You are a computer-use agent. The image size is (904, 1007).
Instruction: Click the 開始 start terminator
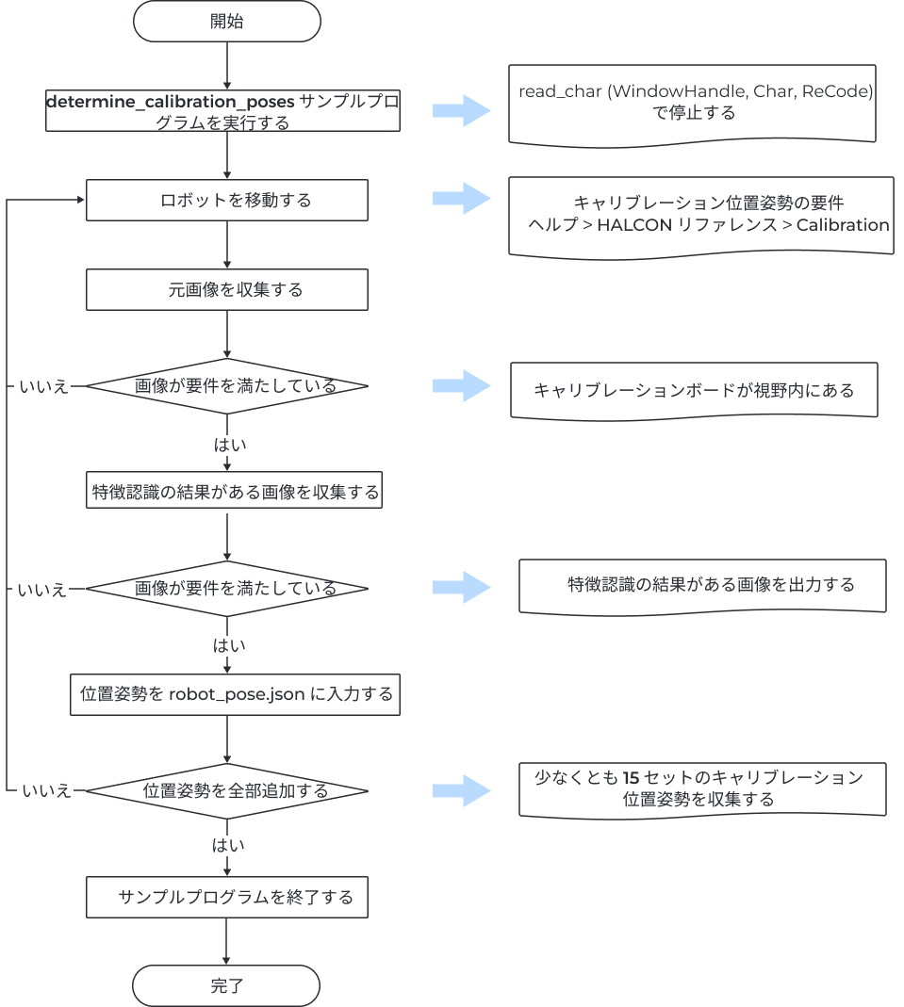pos(226,21)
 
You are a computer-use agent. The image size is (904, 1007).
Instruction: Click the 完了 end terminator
pos(226,986)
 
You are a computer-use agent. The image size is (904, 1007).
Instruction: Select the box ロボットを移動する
pos(226,201)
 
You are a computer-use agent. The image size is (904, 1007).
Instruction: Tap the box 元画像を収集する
pos(226,290)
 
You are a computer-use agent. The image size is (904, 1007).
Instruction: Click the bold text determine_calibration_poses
pos(172,101)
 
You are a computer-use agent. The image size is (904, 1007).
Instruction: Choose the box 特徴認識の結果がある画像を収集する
pos(234,492)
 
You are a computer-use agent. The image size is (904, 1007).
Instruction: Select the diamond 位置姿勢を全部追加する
pos(226,791)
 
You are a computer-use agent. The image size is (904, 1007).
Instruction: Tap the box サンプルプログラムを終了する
pos(226,897)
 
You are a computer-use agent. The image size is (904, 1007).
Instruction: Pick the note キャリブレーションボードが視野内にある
pos(694,390)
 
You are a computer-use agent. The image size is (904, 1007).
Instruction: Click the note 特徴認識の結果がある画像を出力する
pos(702,585)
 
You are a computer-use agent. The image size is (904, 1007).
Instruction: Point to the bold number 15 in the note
pos(631,778)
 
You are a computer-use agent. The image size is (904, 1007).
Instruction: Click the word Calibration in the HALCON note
pos(842,225)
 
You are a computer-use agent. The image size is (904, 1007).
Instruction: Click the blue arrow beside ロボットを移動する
pos(461,200)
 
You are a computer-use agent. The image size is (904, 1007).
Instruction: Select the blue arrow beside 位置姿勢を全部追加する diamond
pos(461,791)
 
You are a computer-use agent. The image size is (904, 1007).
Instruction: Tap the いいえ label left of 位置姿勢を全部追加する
pos(45,791)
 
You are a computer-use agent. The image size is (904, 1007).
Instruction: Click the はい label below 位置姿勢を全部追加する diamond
pos(228,845)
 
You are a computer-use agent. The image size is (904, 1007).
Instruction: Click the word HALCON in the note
pos(635,225)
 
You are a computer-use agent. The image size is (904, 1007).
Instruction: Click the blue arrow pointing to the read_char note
pos(461,111)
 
